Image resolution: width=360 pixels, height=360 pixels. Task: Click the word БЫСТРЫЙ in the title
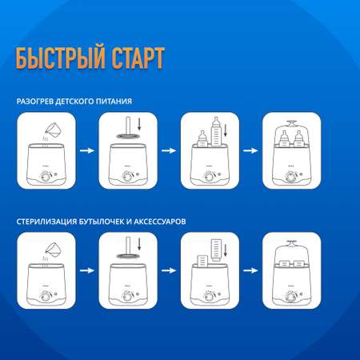(60, 58)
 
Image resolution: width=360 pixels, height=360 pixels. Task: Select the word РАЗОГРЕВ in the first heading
(35, 102)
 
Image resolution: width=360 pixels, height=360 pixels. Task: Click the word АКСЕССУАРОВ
(160, 222)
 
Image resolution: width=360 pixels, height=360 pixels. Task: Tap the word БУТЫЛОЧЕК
(102, 222)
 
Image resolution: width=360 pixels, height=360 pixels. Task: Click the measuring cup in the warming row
(54, 130)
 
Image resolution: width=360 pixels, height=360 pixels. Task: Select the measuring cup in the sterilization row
(54, 250)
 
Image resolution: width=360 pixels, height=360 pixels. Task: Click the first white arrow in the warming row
(87, 150)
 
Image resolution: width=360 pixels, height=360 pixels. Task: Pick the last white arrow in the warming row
(250, 150)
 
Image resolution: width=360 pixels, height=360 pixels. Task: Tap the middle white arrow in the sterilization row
(169, 270)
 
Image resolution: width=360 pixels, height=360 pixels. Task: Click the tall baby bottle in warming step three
(217, 132)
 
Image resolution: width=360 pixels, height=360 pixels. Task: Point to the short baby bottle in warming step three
(202, 138)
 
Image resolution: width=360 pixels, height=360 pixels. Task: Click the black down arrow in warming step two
(139, 124)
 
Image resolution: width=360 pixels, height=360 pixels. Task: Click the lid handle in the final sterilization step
(291, 243)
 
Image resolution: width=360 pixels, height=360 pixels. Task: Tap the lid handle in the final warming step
(291, 123)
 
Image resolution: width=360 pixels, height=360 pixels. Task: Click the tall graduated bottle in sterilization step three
(216, 250)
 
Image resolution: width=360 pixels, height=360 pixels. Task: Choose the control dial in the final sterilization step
(290, 297)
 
